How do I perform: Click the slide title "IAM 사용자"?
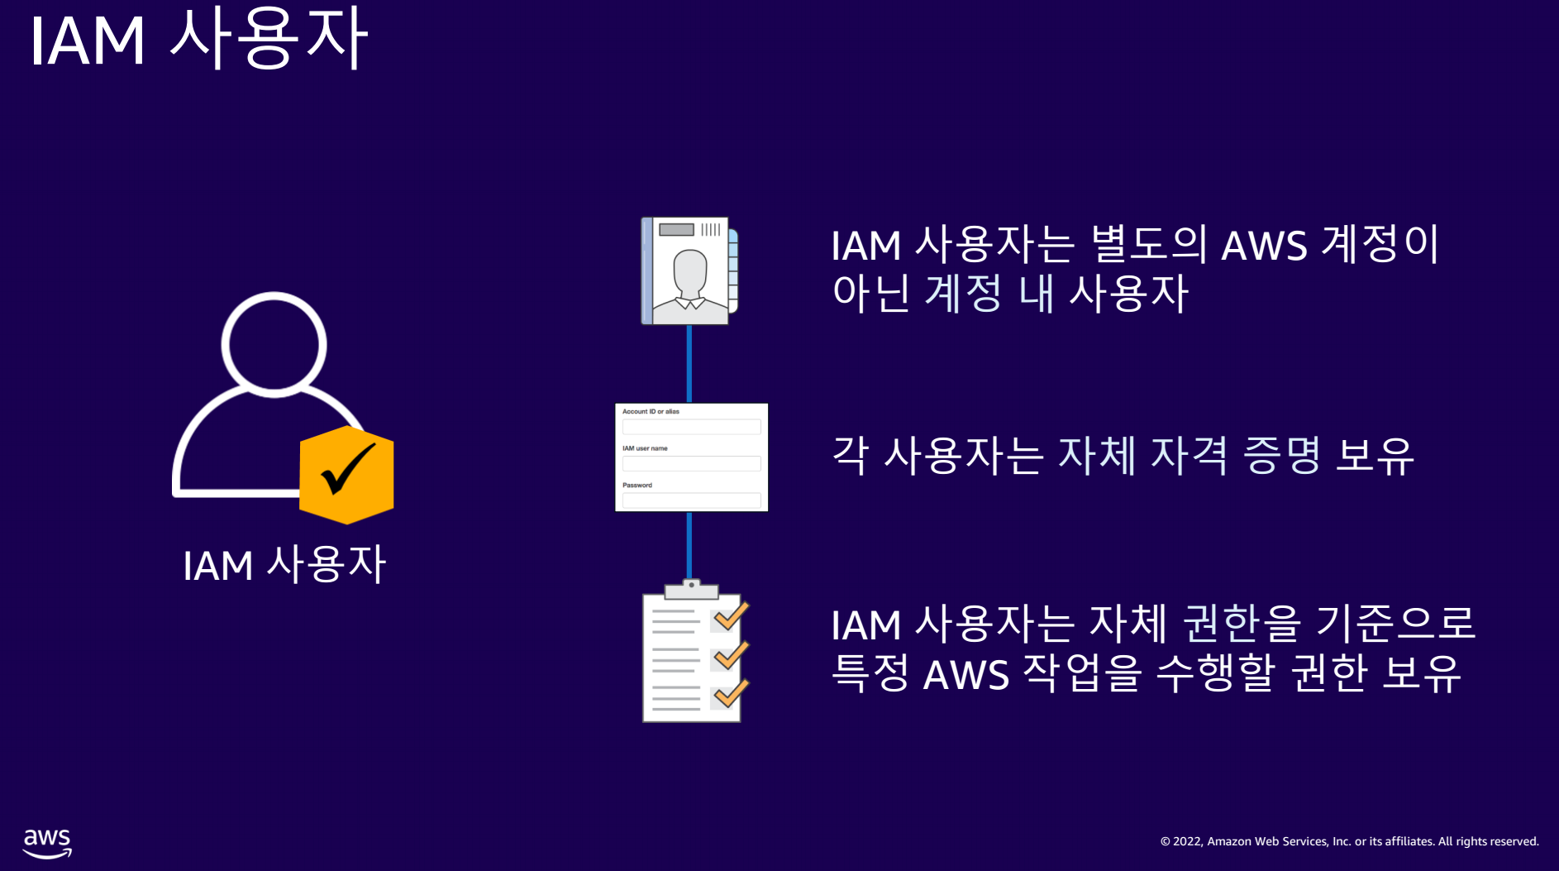[198, 39]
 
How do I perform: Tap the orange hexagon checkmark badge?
[346, 475]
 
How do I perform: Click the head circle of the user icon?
[274, 344]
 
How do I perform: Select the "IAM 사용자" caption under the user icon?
[284, 565]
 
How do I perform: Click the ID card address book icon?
[689, 270]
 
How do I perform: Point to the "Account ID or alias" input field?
[691, 427]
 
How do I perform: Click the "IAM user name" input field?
[691, 463]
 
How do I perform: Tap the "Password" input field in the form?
[691, 500]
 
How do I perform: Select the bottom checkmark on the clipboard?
[731, 694]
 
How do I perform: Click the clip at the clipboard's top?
[691, 588]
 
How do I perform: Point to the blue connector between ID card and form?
[689, 363]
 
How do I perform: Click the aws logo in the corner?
[47, 843]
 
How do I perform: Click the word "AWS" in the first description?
[1264, 246]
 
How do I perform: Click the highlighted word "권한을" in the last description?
[1242, 624]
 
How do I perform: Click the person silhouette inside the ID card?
[690, 280]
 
